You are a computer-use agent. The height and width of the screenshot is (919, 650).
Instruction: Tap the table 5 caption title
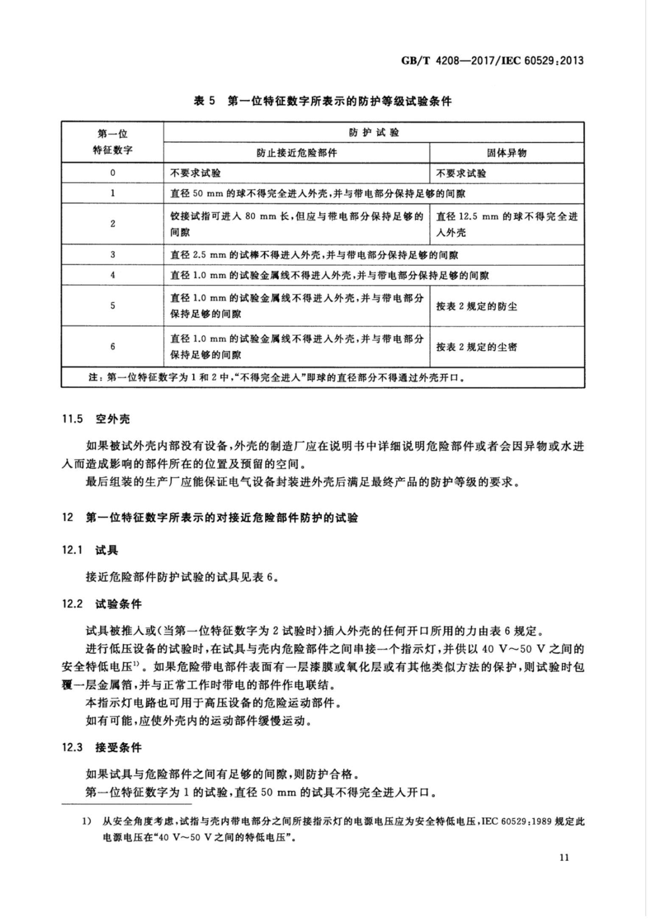tap(323, 101)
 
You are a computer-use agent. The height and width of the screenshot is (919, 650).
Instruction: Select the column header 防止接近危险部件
tap(296, 153)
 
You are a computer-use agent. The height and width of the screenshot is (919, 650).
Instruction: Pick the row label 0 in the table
tap(112, 173)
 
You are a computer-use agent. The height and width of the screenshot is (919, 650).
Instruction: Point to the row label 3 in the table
tap(112, 255)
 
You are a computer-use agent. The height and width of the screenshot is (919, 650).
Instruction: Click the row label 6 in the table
tap(112, 346)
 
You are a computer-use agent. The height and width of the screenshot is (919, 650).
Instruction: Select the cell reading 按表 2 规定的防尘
tap(477, 306)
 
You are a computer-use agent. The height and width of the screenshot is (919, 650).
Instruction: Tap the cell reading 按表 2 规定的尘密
tap(477, 347)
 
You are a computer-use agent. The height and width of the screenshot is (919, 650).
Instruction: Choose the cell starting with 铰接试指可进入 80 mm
tap(296, 224)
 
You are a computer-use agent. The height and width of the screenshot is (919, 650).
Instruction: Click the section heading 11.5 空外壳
tap(96, 419)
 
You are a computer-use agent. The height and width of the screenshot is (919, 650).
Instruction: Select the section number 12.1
tap(72, 551)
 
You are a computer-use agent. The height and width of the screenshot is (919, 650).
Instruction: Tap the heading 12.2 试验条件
tap(102, 604)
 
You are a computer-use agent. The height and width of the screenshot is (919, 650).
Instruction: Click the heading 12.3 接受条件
tap(102, 747)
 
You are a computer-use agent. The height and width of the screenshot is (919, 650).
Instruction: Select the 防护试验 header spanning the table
tap(374, 133)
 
